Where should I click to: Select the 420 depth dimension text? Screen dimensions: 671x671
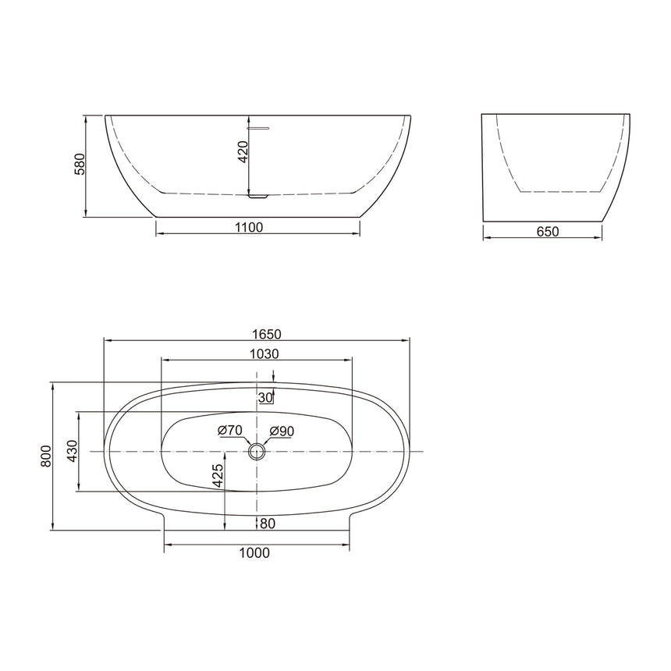click(x=243, y=152)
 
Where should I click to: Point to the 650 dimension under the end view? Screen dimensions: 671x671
click(x=548, y=231)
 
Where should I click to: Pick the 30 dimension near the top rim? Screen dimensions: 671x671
click(x=264, y=397)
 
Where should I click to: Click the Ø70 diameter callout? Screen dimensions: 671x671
click(x=230, y=430)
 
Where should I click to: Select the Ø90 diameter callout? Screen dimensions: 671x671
click(x=282, y=430)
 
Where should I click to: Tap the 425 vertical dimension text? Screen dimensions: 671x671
click(x=218, y=475)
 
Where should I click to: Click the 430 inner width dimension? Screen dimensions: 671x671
click(x=72, y=451)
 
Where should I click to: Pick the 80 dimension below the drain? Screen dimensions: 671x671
click(x=268, y=523)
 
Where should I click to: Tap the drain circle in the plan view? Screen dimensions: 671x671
click(x=255, y=451)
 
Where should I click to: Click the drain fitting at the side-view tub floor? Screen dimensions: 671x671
click(x=257, y=196)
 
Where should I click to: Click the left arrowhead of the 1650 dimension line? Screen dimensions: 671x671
click(x=108, y=340)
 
